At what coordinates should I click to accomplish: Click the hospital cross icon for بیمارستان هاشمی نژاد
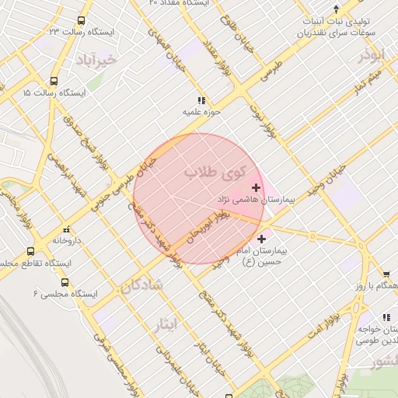257,187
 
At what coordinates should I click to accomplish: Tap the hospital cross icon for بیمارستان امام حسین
261,239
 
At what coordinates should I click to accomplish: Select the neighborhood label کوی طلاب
215,172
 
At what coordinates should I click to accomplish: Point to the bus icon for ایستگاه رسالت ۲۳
82,21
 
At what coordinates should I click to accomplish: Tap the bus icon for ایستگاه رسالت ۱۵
54,80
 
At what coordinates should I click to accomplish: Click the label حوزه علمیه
202,112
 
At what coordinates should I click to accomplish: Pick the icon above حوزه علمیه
202,100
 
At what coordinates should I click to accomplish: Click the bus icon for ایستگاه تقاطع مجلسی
30,251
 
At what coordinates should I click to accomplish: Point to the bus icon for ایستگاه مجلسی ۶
65,283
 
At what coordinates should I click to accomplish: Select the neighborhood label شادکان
141,285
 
